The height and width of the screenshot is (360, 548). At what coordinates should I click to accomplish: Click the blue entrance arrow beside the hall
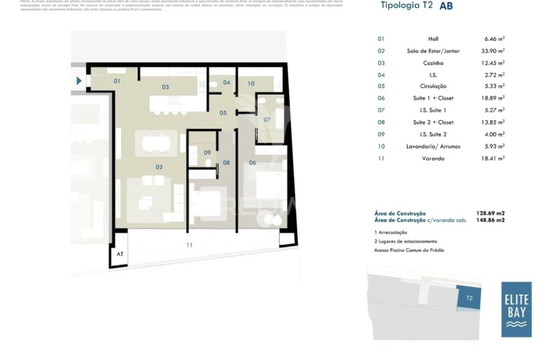pos(79,81)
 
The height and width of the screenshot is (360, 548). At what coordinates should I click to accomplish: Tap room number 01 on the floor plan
pos(117,81)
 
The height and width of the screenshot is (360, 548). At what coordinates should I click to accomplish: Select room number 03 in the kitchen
pos(165,88)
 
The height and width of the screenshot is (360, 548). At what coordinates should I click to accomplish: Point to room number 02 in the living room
pos(159,167)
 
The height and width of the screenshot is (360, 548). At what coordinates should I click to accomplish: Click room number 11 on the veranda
pos(189,245)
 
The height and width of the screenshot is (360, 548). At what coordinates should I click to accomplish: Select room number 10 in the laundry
pos(251,83)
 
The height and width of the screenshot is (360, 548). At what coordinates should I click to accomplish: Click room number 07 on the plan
pos(267,120)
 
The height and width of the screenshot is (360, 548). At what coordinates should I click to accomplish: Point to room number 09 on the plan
pos(207,152)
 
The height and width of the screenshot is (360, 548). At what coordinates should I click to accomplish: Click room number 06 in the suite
pos(252,163)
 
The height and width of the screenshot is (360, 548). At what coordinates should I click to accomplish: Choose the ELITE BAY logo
pos(516,309)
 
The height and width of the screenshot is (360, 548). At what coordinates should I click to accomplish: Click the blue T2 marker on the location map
pos(469,298)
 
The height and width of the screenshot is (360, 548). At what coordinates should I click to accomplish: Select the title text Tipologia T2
pos(406,6)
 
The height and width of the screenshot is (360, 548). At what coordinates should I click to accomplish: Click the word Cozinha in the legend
pos(433,63)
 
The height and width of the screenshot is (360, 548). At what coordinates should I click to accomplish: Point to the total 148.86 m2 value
pos(490,221)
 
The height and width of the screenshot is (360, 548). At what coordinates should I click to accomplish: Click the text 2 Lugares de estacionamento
pos(404,241)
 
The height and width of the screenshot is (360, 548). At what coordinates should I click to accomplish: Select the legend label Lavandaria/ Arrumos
pos(433,146)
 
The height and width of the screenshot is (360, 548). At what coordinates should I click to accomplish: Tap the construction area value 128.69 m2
pos(490,213)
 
